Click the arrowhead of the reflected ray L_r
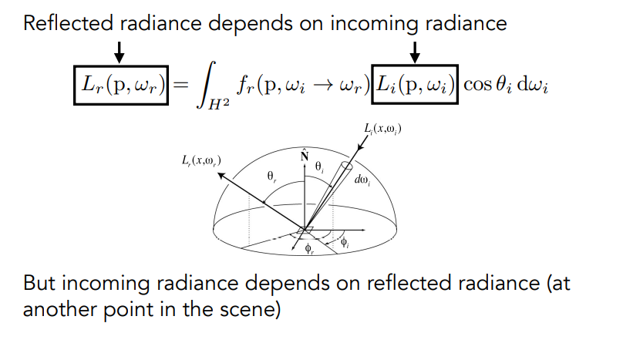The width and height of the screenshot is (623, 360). click(219, 175)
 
